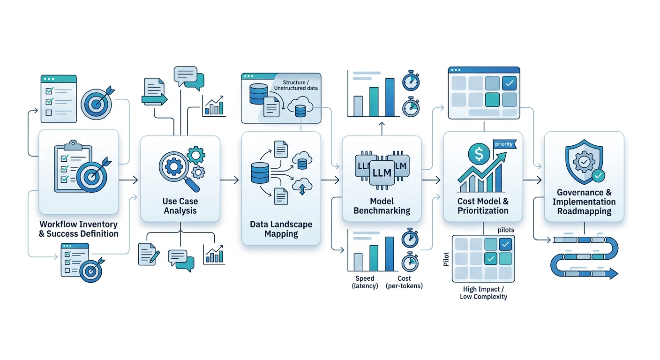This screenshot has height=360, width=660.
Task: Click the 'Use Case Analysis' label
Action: coord(180,206)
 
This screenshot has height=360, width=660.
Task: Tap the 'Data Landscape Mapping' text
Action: coord(281,229)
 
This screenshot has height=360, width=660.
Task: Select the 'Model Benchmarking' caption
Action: coord(382,206)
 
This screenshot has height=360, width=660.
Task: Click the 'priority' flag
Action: coord(504,144)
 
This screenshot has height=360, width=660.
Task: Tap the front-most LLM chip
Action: coord(381,172)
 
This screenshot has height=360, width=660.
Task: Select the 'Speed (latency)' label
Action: coord(365,282)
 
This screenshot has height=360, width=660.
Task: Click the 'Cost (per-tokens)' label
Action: coord(404,282)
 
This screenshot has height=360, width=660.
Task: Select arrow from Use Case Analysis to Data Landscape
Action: coord(230,180)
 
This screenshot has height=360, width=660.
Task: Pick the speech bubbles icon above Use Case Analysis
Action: coord(188,78)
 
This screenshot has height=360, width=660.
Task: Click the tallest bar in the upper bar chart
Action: coord(390,97)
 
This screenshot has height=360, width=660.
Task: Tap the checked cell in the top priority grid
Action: coord(509,83)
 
